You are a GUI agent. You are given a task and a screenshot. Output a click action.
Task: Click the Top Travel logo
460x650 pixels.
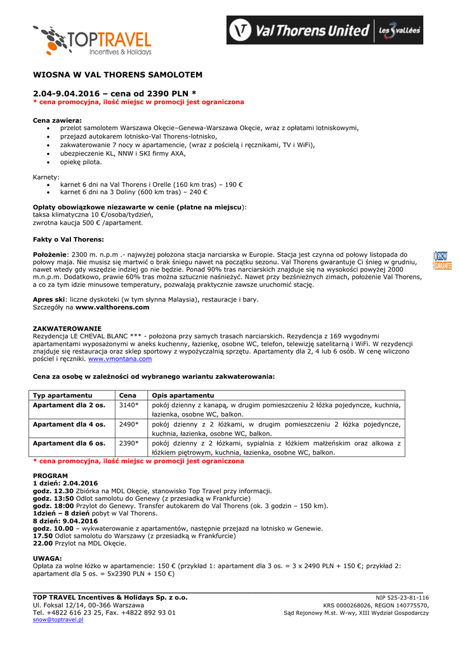pos(93,41)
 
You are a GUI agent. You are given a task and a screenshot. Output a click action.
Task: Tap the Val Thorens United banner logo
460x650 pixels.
pos(325,30)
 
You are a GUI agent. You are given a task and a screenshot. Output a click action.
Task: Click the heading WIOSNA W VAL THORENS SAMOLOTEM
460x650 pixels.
pos(117,75)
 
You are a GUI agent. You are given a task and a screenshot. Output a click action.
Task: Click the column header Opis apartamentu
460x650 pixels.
pos(182,395)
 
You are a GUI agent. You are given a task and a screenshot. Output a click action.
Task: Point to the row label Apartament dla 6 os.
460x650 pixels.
pos(69,443)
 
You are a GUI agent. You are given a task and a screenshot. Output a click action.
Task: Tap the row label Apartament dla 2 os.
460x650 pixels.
pos(69,405)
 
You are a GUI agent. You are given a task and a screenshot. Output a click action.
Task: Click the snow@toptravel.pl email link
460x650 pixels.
pos(58,620)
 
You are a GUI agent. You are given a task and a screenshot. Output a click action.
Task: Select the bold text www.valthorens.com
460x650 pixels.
pos(112,307)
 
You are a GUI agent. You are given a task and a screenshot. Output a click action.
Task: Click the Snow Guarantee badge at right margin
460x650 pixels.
pos(442,260)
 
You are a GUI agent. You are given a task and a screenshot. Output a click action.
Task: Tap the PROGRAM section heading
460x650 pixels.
pos(50,475)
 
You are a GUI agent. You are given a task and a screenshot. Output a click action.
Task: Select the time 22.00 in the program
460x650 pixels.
pos(43,543)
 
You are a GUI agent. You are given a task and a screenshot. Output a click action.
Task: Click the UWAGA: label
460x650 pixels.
pos(47,558)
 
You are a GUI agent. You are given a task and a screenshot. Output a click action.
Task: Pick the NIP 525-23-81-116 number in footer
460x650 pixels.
pos(402,597)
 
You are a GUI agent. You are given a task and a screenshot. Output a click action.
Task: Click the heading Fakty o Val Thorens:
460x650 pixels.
pos(69,239)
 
